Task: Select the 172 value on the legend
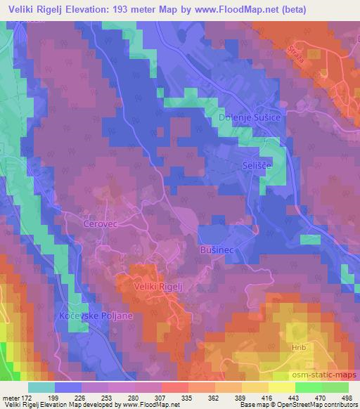tap(28, 397)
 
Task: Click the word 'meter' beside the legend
tap(11, 397)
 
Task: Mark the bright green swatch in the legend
tap(309, 387)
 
